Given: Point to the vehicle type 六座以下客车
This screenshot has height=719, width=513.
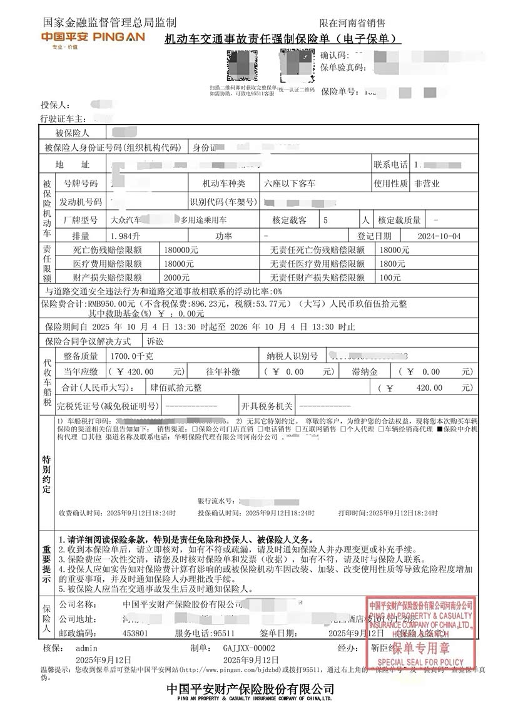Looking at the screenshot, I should (290, 184).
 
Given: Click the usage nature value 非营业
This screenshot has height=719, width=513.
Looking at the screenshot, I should (427, 184).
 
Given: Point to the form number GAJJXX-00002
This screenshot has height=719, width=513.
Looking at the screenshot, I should (249, 648).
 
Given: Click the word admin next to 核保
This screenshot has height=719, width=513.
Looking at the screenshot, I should (86, 648).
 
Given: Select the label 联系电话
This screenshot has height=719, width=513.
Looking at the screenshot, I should (391, 165).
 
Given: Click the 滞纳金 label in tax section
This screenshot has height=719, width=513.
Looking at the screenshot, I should (365, 371).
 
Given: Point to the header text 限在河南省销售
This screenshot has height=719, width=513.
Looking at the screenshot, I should (352, 23).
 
